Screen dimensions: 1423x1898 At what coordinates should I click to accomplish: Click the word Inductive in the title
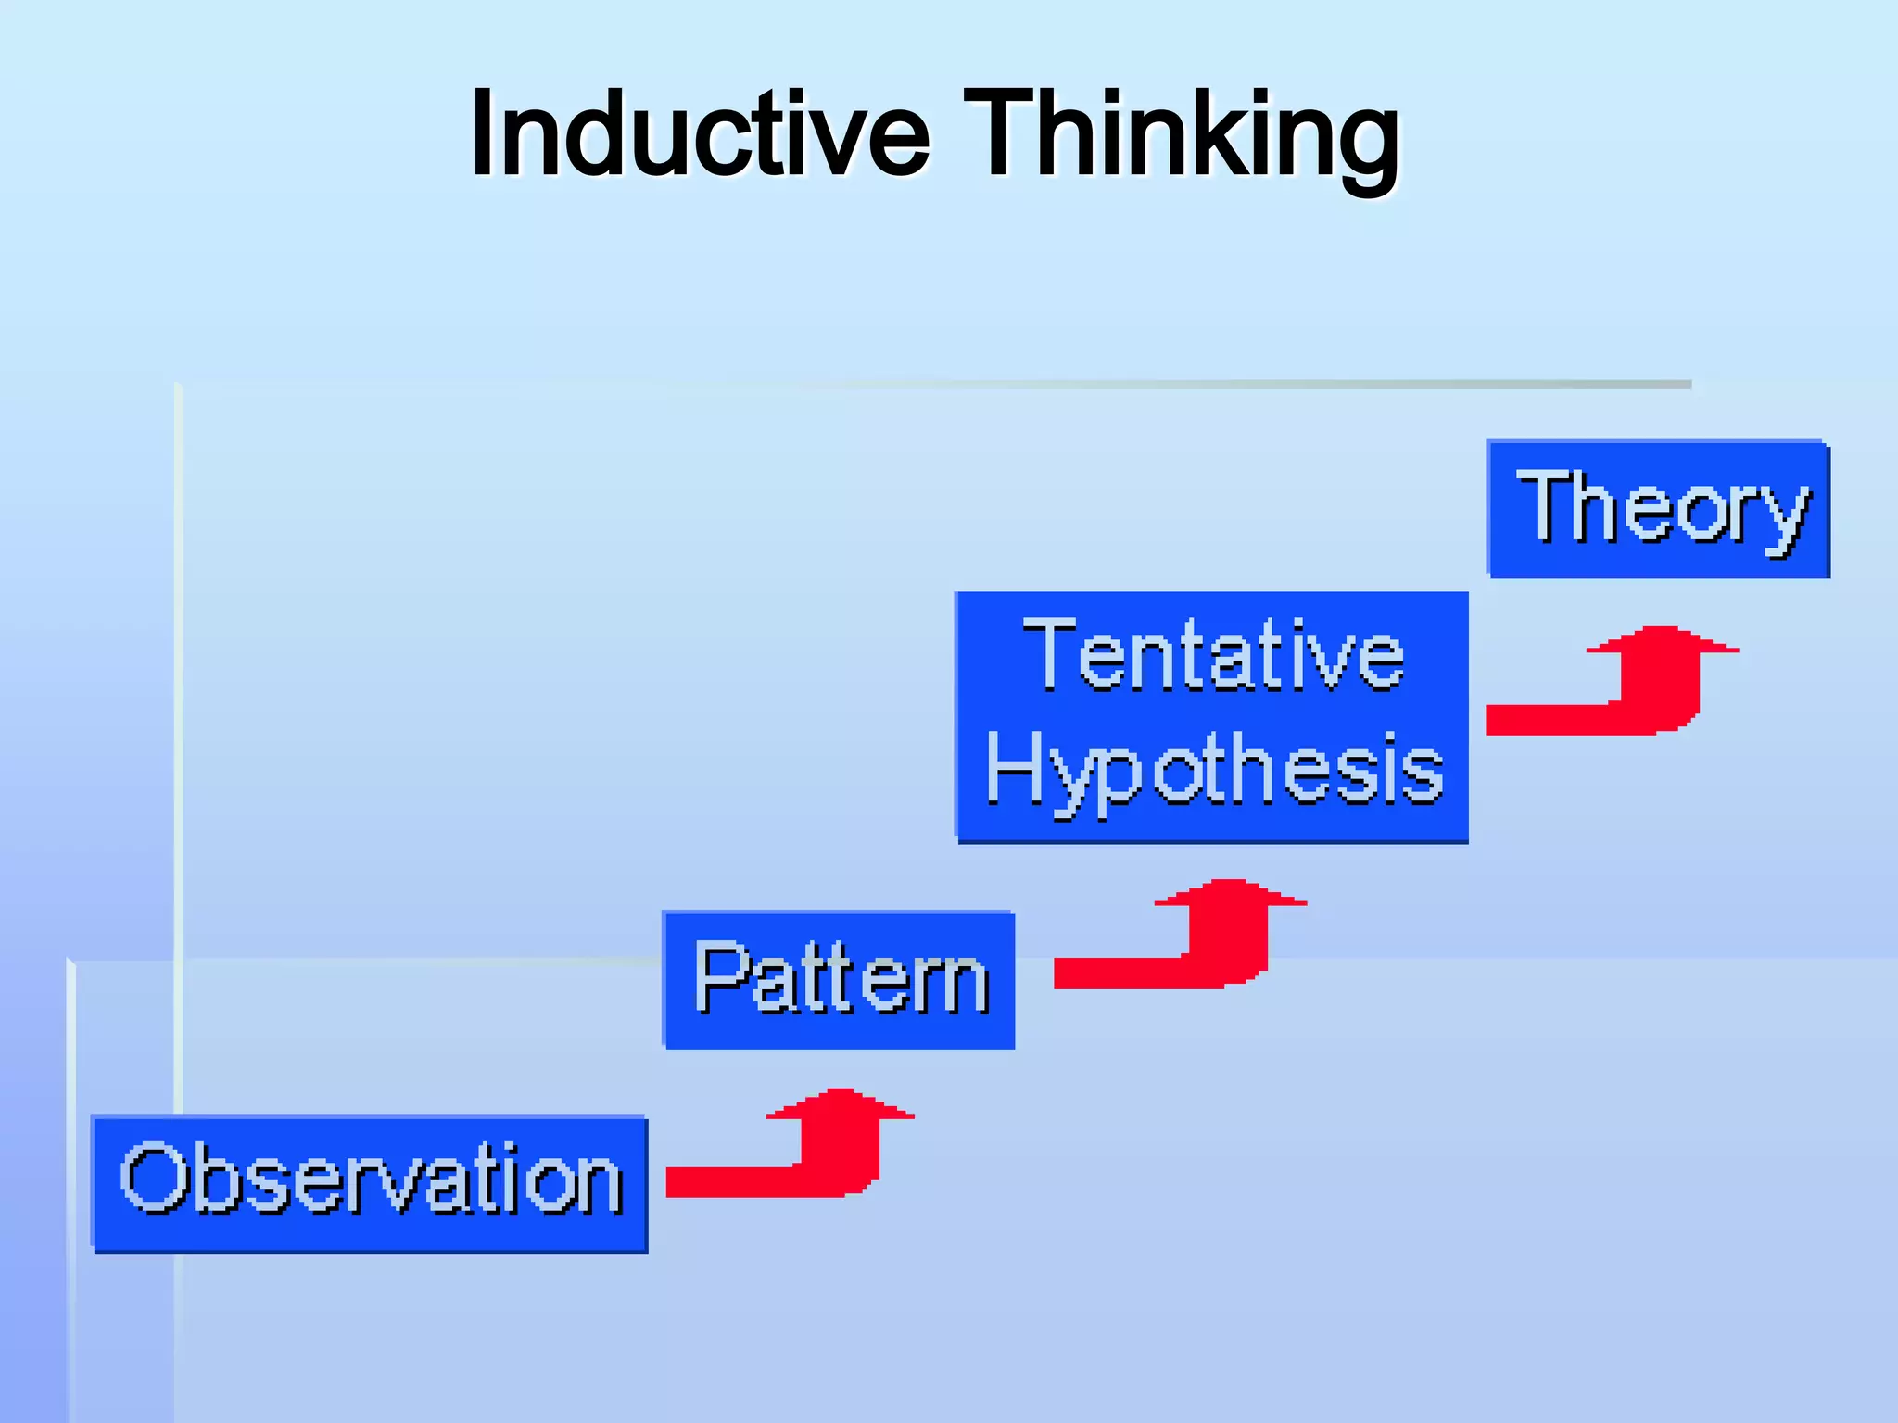[700, 134]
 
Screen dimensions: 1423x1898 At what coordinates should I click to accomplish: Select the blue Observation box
[370, 1185]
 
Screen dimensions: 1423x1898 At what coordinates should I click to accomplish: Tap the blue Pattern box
[840, 980]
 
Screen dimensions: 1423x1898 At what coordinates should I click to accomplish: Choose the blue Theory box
[1658, 509]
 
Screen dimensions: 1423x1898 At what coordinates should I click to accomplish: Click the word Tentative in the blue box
[1213, 657]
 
